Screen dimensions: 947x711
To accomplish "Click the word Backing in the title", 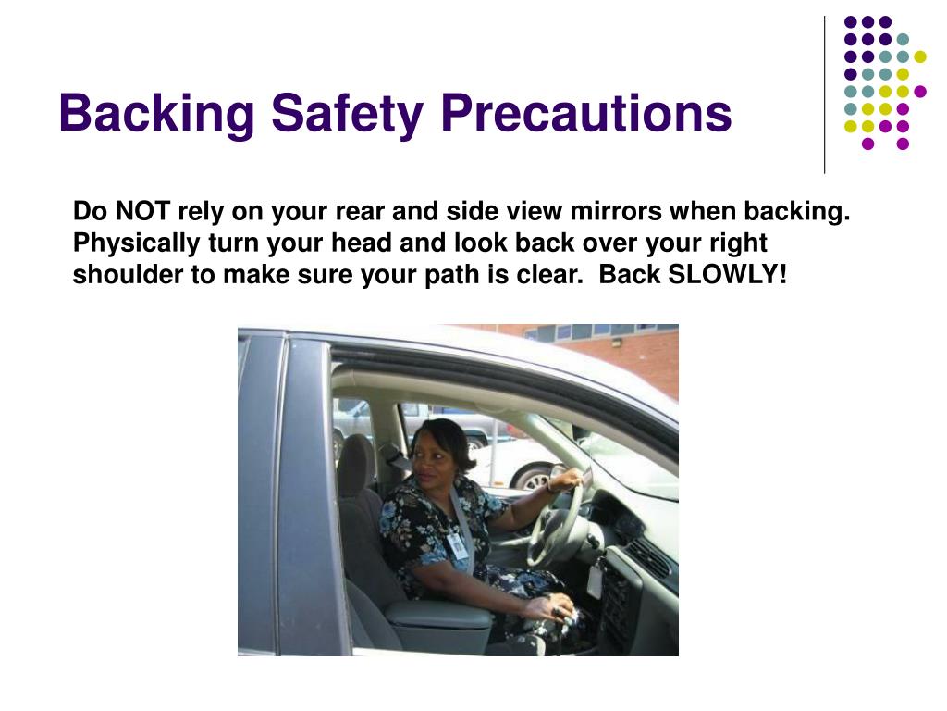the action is [157, 113].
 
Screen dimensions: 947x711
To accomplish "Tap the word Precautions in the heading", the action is [585, 112].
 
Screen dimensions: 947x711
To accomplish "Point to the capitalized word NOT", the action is [142, 211].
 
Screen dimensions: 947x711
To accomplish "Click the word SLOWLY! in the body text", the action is [728, 274].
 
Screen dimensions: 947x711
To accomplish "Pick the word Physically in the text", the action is [137, 243].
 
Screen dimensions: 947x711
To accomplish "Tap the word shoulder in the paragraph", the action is [128, 274].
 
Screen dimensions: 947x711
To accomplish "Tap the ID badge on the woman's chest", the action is [459, 545].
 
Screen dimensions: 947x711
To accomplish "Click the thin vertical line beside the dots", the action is [825, 95].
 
